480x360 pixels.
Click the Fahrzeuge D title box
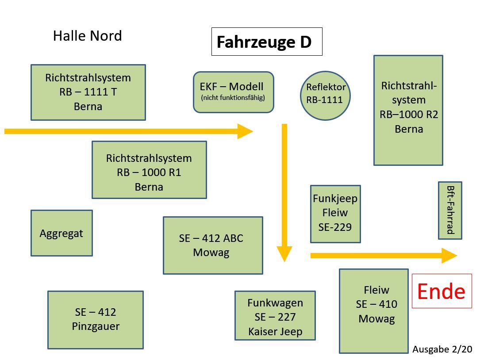[x=266, y=42]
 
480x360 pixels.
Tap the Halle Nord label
[x=87, y=36]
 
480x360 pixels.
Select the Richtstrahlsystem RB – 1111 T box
[x=88, y=92]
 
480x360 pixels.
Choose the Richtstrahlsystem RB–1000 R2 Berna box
[x=408, y=110]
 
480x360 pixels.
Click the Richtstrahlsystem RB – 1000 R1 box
[x=149, y=170]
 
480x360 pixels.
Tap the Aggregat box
[x=61, y=233]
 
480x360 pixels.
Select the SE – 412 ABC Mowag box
[x=213, y=245]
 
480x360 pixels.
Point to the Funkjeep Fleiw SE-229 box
[x=335, y=214]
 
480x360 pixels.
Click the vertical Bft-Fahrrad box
[x=450, y=210]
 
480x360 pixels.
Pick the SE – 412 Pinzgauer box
[x=96, y=319]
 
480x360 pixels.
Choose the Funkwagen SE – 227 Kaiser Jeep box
[x=275, y=315]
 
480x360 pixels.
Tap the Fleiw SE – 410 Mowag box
[x=374, y=310]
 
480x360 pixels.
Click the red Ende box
[x=442, y=291]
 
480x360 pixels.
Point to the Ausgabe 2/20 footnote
[x=442, y=349]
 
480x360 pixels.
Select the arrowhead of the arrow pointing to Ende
[x=450, y=256]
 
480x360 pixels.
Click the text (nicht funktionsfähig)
[x=233, y=98]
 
